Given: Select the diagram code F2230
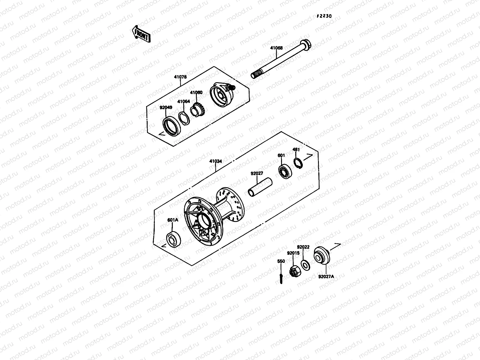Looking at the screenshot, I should pyautogui.click(x=324, y=16).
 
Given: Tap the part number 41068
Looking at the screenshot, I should pyautogui.click(x=276, y=48).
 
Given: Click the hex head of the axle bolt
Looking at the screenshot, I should pyautogui.click(x=305, y=45).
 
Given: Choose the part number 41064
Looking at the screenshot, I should pyautogui.click(x=183, y=101).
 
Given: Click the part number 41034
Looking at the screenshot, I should pyautogui.click(x=216, y=161).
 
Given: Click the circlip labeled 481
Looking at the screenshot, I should pyautogui.click(x=298, y=163).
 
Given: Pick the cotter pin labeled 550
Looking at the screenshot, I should pyautogui.click(x=281, y=278).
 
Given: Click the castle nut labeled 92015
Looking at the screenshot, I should pyautogui.click(x=293, y=271).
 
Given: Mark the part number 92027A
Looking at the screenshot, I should pyautogui.click(x=326, y=277).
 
